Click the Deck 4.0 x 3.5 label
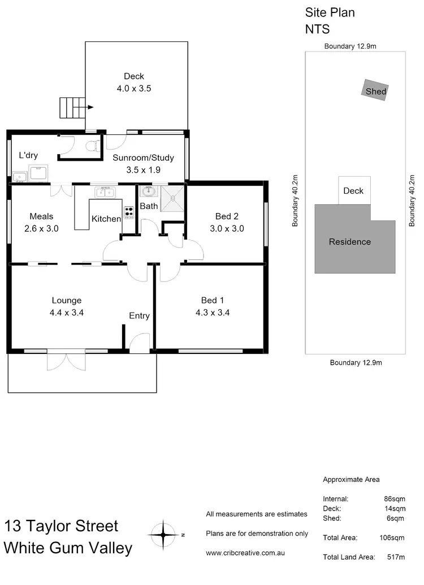tap(134, 82)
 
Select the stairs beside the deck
tap(72, 106)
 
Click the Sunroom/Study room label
tap(143, 158)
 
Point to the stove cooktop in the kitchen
tap(128, 212)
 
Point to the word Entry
tap(139, 315)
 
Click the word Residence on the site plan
tap(350, 242)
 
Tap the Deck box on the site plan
tap(354, 191)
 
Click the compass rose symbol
tap(163, 534)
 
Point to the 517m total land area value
tap(393, 557)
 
